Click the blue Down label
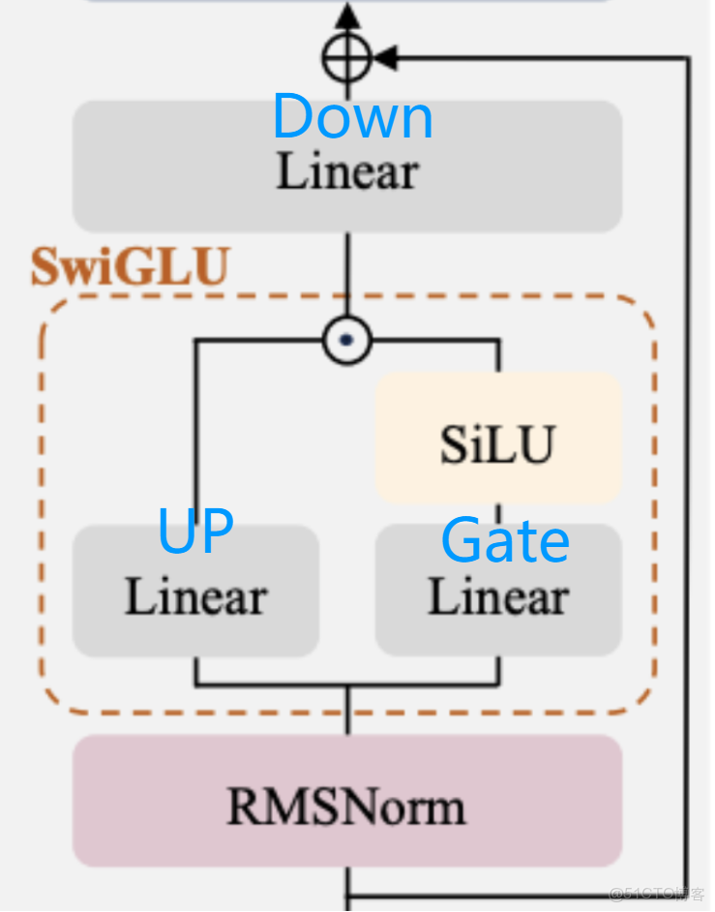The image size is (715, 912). (x=352, y=117)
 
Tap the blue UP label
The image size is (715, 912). (x=195, y=531)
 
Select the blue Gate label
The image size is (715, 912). (x=504, y=540)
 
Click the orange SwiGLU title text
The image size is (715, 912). (x=131, y=267)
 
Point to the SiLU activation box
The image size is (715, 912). (x=498, y=439)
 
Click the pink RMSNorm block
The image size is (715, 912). (x=346, y=801)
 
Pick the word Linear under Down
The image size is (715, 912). (x=347, y=172)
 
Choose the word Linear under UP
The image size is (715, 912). (x=195, y=597)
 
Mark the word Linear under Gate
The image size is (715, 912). (x=498, y=597)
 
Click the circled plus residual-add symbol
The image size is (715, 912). (x=346, y=58)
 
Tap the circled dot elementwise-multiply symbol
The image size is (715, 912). (x=346, y=340)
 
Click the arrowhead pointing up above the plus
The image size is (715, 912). (x=346, y=16)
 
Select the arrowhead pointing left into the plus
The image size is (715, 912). (x=385, y=58)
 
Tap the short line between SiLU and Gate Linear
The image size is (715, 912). (x=498, y=513)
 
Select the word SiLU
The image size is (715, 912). (x=497, y=444)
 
